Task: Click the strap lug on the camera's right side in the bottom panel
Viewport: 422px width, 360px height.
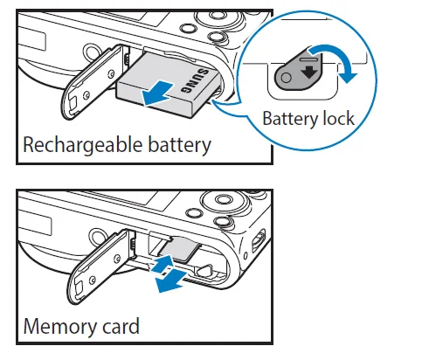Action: click(x=259, y=239)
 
